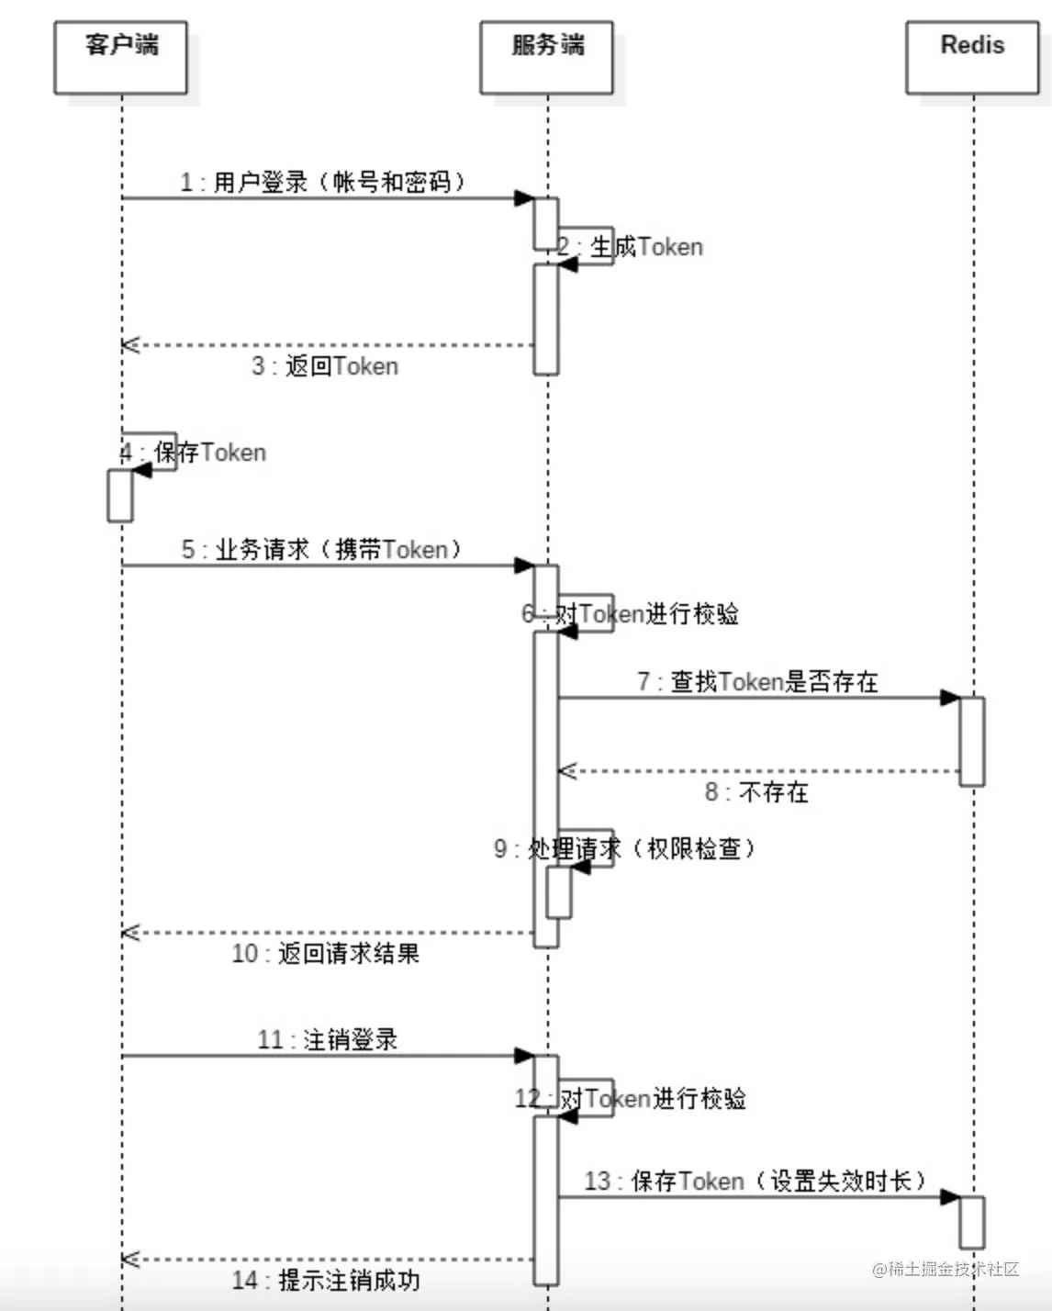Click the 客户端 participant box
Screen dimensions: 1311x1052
[120, 58]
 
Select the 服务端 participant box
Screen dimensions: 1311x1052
[546, 58]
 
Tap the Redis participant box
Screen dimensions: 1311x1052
[972, 58]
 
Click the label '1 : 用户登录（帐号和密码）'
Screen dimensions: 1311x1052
[322, 182]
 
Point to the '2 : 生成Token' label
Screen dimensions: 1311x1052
[631, 246]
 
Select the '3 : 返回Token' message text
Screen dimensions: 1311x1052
[325, 366]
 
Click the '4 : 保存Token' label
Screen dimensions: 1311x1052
[194, 452]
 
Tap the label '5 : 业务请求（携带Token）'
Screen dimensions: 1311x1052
[321, 549]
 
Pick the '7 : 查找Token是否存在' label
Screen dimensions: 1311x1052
[757, 681]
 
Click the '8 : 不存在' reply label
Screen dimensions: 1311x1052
[756, 791]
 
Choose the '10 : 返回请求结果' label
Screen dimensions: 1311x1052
[325, 953]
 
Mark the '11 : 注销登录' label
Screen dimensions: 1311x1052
[327, 1039]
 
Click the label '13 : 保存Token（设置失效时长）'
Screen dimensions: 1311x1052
[755, 1181]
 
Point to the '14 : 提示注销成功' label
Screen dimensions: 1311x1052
[325, 1280]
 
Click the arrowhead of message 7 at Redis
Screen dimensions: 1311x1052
[950, 698]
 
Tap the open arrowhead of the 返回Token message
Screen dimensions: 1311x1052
[129, 345]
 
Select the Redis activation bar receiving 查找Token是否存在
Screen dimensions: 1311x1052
[972, 741]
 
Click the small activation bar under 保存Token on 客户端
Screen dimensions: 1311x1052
[120, 496]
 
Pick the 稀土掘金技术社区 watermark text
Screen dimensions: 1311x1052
[946, 1269]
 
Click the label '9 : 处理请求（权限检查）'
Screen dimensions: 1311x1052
[624, 848]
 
